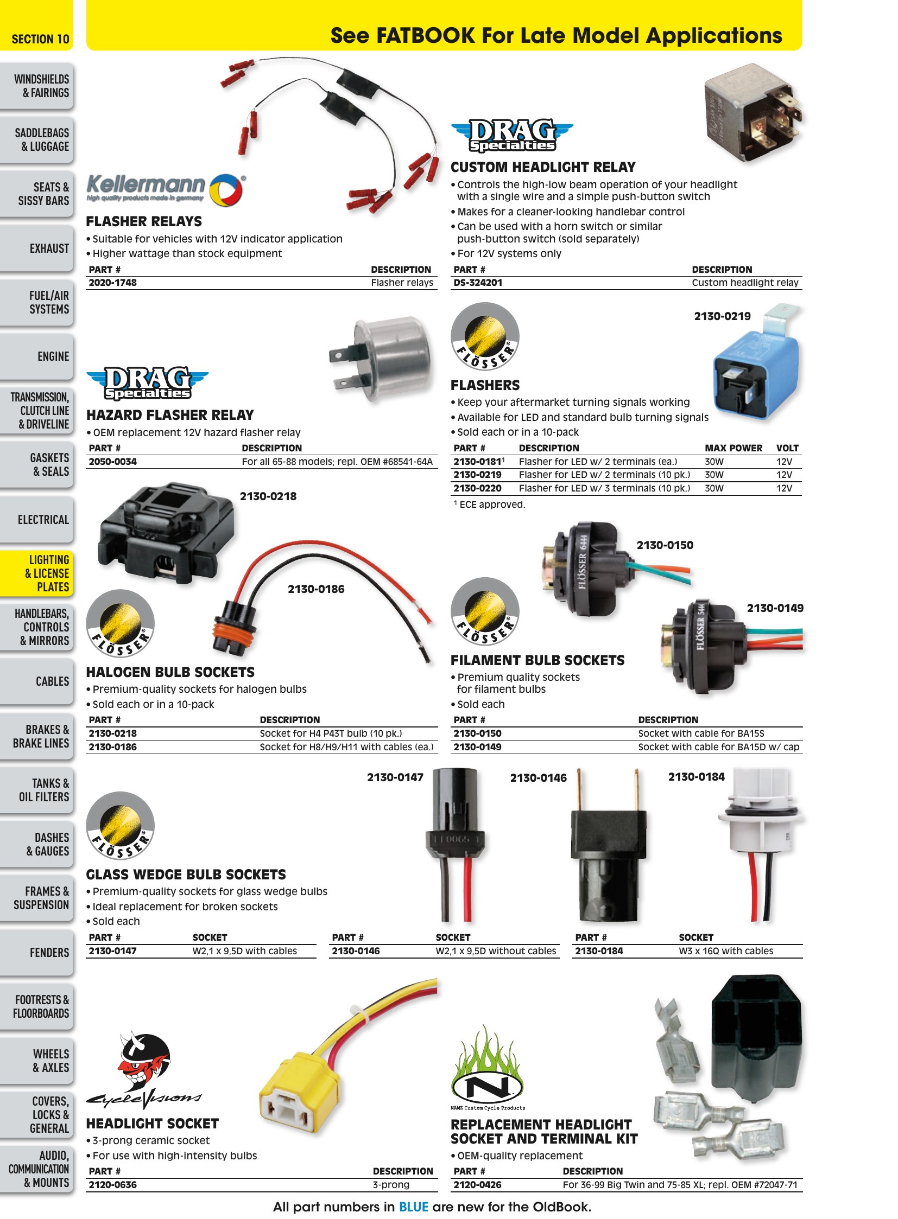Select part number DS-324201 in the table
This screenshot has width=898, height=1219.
pyautogui.click(x=478, y=283)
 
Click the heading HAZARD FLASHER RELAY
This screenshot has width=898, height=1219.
pyautogui.click(x=170, y=416)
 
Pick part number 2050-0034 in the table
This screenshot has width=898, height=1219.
pyautogui.click(x=113, y=462)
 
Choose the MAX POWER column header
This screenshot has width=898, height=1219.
pyautogui.click(x=733, y=448)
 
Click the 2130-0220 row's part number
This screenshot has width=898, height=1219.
pyautogui.click(x=477, y=488)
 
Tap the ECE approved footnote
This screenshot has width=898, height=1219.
pyautogui.click(x=490, y=505)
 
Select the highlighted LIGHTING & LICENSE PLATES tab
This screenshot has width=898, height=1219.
pyautogui.click(x=36, y=573)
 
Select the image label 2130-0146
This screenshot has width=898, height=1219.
pyautogui.click(x=538, y=778)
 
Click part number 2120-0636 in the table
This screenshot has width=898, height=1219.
pyautogui.click(x=113, y=1185)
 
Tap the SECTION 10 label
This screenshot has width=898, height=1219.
pyautogui.click(x=40, y=39)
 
